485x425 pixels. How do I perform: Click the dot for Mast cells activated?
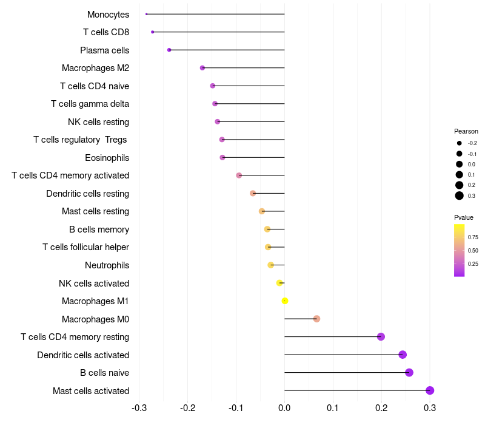[x=430, y=390]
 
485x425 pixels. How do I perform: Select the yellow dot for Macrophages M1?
[x=285, y=301]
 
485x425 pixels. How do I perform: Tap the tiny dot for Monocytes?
[x=147, y=14]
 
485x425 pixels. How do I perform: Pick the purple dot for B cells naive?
[x=409, y=372]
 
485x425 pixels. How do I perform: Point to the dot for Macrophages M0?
[x=316, y=319]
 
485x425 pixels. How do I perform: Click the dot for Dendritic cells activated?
[x=403, y=355]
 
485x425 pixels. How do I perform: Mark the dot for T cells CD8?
[x=153, y=32]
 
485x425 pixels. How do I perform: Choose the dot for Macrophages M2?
[x=202, y=67]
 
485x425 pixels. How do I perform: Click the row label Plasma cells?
[x=104, y=50]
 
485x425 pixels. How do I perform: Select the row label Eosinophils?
[x=107, y=158]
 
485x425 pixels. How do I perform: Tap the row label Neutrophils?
[x=107, y=265]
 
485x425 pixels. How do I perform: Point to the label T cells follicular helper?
[x=85, y=247]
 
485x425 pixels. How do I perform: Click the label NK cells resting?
[x=98, y=122]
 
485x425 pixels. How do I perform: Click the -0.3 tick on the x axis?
[x=139, y=407]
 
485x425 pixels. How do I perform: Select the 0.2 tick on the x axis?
[x=381, y=407]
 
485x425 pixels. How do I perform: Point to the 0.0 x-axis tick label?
[x=284, y=407]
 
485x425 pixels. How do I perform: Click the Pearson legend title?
[x=466, y=131]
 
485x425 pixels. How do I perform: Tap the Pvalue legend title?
[x=464, y=217]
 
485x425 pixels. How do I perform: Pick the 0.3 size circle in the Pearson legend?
[x=460, y=195]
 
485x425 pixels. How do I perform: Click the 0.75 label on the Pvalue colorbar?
[x=473, y=237]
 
